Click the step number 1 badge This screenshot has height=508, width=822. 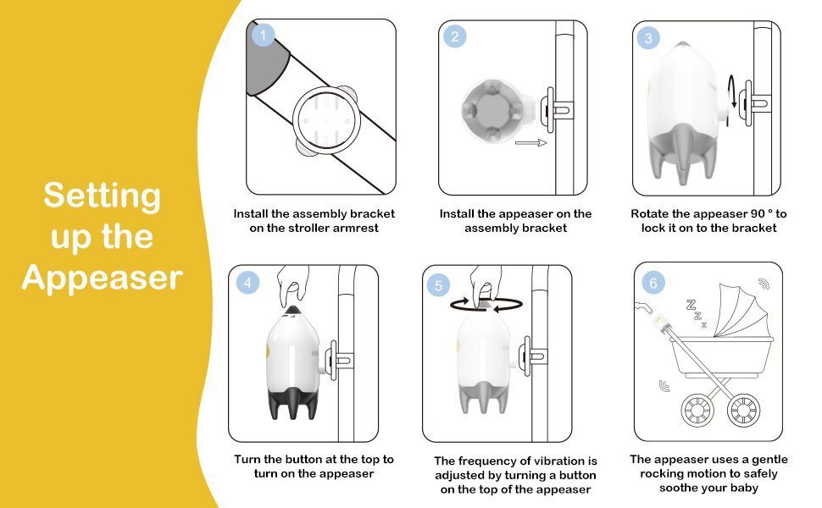[x=263, y=35]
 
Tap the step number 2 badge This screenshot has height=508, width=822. [x=454, y=36]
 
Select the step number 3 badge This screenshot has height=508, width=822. [x=648, y=38]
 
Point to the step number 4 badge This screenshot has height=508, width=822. [x=247, y=284]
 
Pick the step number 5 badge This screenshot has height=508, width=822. [x=438, y=285]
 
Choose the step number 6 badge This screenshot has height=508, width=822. [x=653, y=284]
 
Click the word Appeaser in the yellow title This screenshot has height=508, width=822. [x=103, y=279]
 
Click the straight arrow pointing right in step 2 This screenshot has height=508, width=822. [x=530, y=142]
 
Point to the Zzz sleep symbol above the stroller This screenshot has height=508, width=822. [x=697, y=313]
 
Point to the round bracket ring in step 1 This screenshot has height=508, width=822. [x=326, y=121]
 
